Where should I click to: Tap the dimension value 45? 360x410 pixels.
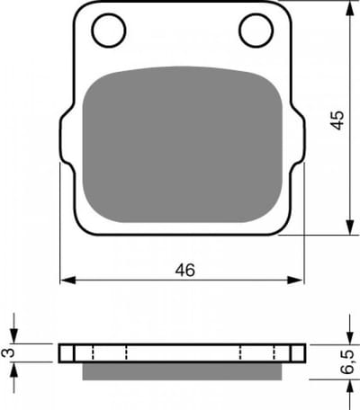point(337,120)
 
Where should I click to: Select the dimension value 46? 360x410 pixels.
point(185,270)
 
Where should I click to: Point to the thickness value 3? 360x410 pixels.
point(8,353)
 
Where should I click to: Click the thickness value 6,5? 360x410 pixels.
point(348,362)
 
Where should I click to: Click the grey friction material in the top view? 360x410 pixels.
point(183,145)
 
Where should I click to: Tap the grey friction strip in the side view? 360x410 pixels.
point(182,371)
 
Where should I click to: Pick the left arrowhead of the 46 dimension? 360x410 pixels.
point(67,281)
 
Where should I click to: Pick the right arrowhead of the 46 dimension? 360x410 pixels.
point(295,281)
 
